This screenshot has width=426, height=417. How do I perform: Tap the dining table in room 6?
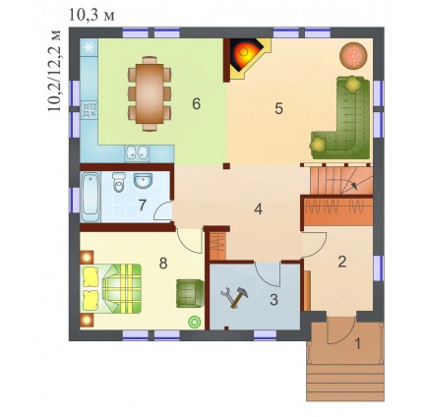pyautogui.click(x=150, y=93)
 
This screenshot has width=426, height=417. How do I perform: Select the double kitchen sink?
pyautogui.click(x=137, y=152)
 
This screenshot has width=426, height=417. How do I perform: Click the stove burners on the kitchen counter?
pyautogui.click(x=90, y=110)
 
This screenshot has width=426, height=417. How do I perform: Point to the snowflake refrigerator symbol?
pyautogui.click(x=89, y=48)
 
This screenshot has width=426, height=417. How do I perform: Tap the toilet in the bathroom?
pyautogui.click(x=118, y=182)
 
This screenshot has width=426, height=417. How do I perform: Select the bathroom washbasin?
pyautogui.click(x=143, y=181)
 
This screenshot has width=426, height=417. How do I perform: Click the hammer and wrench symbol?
pyautogui.click(x=234, y=298)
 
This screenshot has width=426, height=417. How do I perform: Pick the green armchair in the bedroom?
pyautogui.click(x=189, y=293)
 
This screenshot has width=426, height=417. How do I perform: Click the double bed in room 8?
pyautogui.click(x=111, y=288)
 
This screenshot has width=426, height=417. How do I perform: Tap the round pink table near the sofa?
pyautogui.click(x=353, y=55)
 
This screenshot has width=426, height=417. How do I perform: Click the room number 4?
pyautogui.click(x=259, y=209)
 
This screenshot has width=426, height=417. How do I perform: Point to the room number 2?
pyautogui.click(x=342, y=262)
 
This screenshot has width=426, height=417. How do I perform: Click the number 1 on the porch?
pyautogui.click(x=358, y=344)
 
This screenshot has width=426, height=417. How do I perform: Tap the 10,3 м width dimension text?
pyautogui.click(x=91, y=15)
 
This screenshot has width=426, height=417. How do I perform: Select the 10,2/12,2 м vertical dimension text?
pyautogui.click(x=54, y=71)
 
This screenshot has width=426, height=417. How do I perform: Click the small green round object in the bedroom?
pyautogui.click(x=194, y=322)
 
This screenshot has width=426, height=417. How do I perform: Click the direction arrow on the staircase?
pyautogui.click(x=355, y=186)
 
